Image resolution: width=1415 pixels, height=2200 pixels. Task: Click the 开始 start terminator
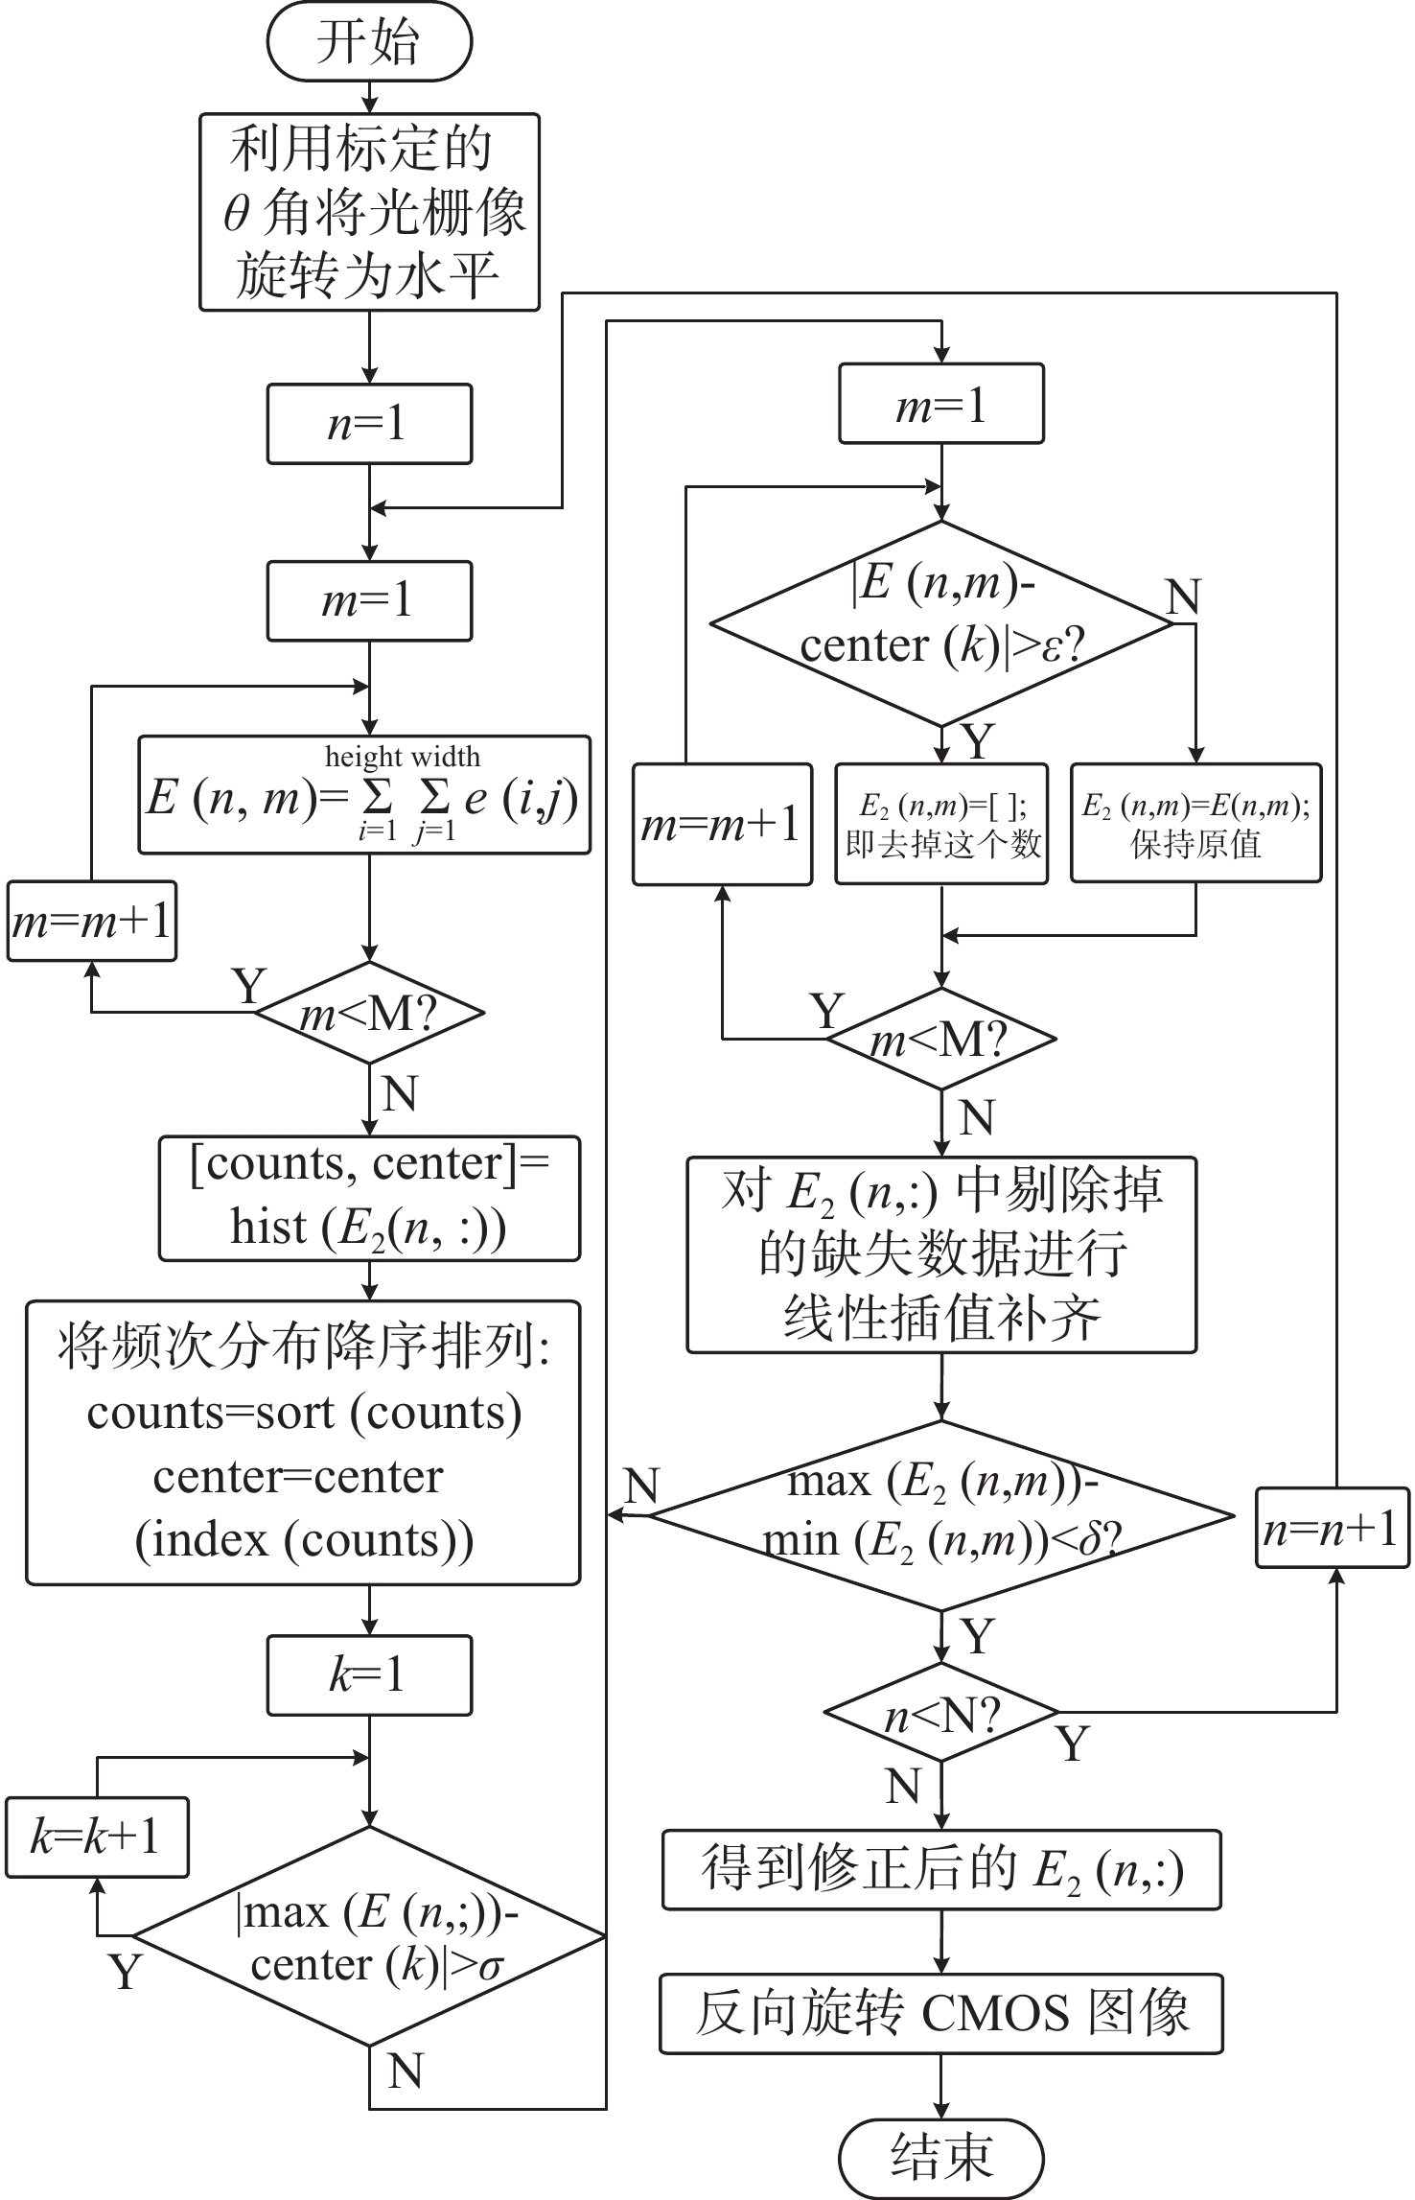tap(369, 43)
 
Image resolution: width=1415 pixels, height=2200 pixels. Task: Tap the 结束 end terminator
tap(940, 2157)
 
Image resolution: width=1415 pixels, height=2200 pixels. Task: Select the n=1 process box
tap(369, 424)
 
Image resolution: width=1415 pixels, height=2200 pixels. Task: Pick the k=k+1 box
tap(96, 1837)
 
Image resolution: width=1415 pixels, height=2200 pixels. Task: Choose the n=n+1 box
tap(1333, 1528)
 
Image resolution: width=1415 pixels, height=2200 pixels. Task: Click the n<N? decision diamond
tap(941, 1712)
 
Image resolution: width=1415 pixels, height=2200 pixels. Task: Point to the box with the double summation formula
tap(364, 795)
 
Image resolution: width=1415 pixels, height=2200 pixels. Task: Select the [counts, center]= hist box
tap(369, 1198)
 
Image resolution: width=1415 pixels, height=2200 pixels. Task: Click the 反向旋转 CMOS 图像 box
tap(940, 2014)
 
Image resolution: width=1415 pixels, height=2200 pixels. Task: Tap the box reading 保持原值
tap(1195, 823)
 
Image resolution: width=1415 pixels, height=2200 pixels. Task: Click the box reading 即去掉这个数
tap(941, 823)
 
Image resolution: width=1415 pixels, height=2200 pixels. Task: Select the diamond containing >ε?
tap(941, 623)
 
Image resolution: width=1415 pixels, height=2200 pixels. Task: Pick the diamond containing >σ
tap(369, 1936)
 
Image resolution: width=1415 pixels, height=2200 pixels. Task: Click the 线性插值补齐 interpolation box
tap(941, 1254)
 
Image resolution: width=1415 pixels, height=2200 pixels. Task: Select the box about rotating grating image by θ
tap(369, 212)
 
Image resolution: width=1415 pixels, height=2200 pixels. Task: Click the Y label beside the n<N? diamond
tap(1074, 1744)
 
